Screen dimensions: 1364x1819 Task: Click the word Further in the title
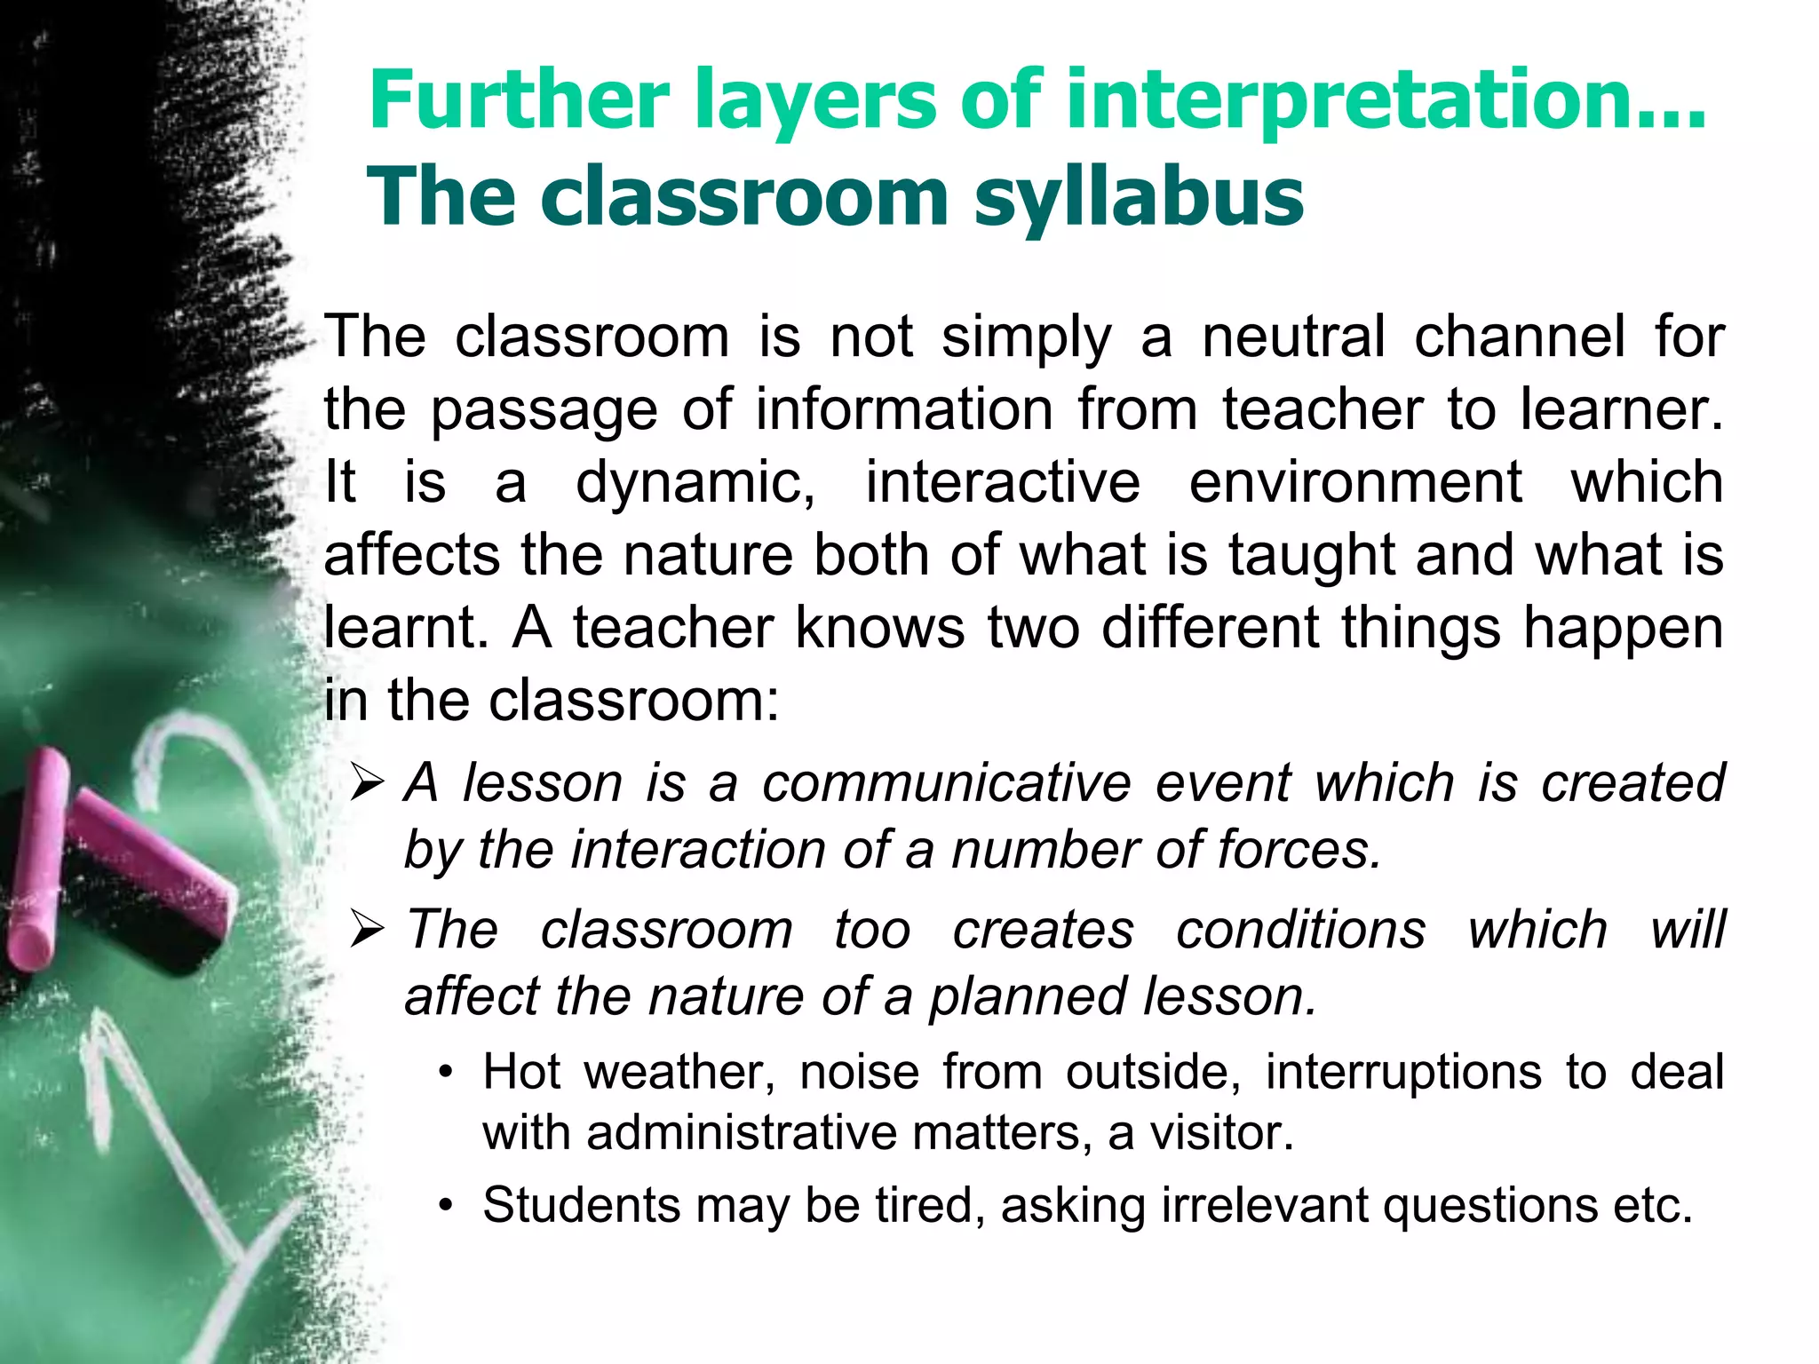(519, 99)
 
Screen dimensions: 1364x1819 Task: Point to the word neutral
(1293, 337)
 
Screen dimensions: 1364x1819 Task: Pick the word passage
(544, 410)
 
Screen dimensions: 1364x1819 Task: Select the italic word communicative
(947, 783)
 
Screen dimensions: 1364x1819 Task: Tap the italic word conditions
(1301, 930)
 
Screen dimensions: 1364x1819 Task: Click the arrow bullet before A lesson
(366, 783)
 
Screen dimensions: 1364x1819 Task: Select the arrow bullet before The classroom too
(366, 931)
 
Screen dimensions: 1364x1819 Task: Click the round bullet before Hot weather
(447, 1073)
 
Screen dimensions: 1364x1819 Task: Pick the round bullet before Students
(447, 1206)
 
